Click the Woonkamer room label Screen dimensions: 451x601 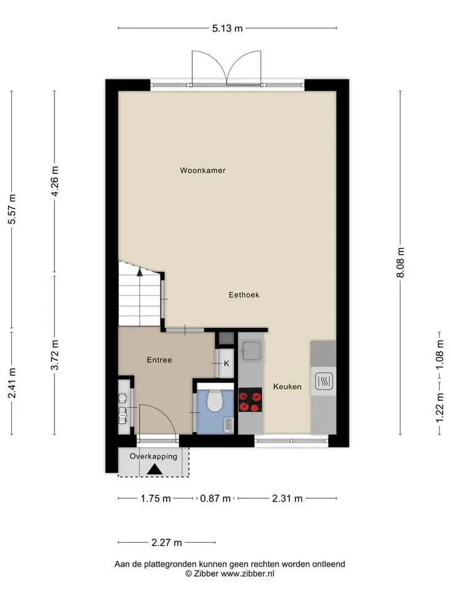pyautogui.click(x=203, y=170)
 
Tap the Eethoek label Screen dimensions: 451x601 pyautogui.click(x=244, y=295)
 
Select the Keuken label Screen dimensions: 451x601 pyautogui.click(x=288, y=387)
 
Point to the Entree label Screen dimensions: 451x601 pyautogui.click(x=159, y=360)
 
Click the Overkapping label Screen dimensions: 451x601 pyautogui.click(x=153, y=456)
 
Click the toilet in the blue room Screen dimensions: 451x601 pyautogui.click(x=215, y=401)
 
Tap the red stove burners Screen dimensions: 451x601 pyautogui.click(x=251, y=400)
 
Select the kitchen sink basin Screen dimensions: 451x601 pyautogui.click(x=252, y=351)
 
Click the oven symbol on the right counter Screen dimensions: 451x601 pyautogui.click(x=324, y=381)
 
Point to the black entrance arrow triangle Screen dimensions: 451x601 pyautogui.click(x=155, y=470)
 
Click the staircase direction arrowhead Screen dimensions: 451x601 pyautogui.click(x=140, y=272)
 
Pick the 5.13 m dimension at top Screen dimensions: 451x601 pyautogui.click(x=227, y=28)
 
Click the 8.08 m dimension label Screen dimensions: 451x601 pyautogui.click(x=400, y=262)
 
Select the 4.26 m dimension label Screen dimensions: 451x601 pyautogui.click(x=55, y=182)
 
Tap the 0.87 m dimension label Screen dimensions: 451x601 pyautogui.click(x=215, y=499)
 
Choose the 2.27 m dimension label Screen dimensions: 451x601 pyautogui.click(x=167, y=543)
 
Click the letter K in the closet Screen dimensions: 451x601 pyautogui.click(x=227, y=364)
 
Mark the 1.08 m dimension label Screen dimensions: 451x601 pyautogui.click(x=440, y=355)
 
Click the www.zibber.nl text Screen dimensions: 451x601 pyautogui.click(x=247, y=574)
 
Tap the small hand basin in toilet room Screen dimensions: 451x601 pyautogui.click(x=229, y=424)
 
